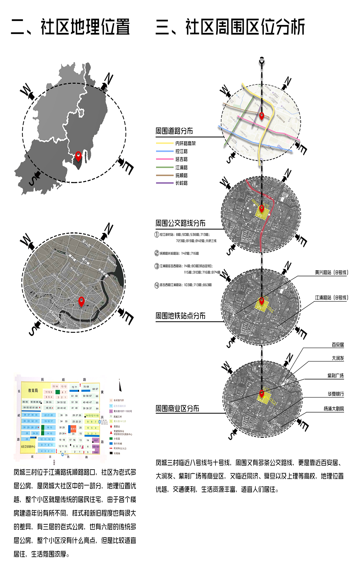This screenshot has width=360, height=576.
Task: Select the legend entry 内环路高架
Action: (185, 143)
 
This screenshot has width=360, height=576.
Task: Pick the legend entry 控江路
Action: (181, 151)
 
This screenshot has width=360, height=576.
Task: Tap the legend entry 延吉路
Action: (181, 159)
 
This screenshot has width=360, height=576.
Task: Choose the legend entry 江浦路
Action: (181, 167)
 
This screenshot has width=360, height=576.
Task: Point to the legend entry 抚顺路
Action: (181, 175)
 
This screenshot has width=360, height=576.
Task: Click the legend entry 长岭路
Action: (181, 183)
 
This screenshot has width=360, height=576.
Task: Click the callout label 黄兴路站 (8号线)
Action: (331, 272)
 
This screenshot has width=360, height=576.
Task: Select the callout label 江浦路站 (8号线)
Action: (331, 298)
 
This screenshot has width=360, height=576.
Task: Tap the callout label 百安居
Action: (338, 345)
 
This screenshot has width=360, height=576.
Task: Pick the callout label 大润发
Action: (338, 358)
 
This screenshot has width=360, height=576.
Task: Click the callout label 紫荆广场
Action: (335, 376)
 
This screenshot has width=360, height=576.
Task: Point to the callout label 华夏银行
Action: (335, 394)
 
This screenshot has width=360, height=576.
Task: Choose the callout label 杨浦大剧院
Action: (334, 409)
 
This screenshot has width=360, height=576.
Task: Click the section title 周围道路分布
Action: (174, 131)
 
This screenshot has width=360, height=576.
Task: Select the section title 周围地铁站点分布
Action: (180, 316)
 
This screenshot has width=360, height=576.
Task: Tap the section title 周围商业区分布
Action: (177, 408)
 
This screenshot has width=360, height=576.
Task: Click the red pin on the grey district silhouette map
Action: (78, 155)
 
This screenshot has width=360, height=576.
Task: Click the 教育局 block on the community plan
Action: (33, 390)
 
